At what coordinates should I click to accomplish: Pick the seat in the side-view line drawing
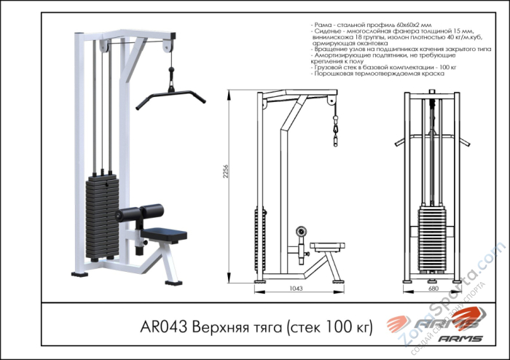click(x=326, y=246)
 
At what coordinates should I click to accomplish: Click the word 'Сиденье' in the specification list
click(x=329, y=31)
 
